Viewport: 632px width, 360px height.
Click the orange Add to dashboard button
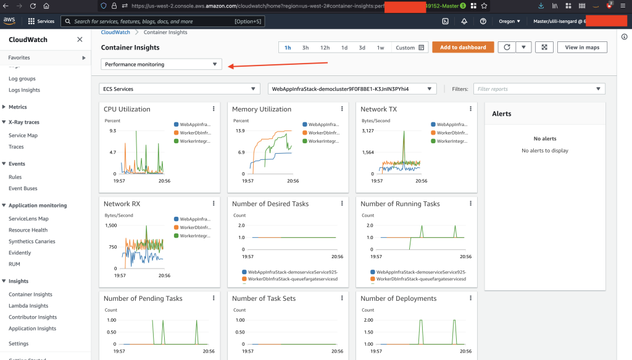click(x=463, y=48)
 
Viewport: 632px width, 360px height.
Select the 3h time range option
click(x=306, y=48)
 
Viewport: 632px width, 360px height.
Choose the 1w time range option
click(x=380, y=48)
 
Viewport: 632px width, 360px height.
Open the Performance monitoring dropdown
click(x=161, y=64)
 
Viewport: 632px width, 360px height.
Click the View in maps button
click(x=582, y=48)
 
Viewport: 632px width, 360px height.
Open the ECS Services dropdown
click(x=179, y=89)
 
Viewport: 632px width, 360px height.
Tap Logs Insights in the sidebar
click(x=24, y=90)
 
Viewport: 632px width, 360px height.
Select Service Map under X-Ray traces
click(x=23, y=135)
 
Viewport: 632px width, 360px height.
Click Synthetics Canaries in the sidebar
click(x=32, y=241)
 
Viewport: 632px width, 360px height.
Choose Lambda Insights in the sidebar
click(x=28, y=306)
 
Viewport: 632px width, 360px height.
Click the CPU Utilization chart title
click(x=127, y=109)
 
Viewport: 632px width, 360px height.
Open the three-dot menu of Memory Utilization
click(x=342, y=109)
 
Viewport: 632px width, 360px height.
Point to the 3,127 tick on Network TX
click(x=367, y=131)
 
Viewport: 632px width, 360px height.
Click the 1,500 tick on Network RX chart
click(x=110, y=226)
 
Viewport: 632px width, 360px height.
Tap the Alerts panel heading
click(x=501, y=114)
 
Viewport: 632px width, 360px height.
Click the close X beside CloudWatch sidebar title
click(x=80, y=40)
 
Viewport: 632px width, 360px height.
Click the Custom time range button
click(x=410, y=48)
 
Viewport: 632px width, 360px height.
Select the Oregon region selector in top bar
click(x=509, y=21)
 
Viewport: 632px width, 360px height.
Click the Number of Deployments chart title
click(x=398, y=298)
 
